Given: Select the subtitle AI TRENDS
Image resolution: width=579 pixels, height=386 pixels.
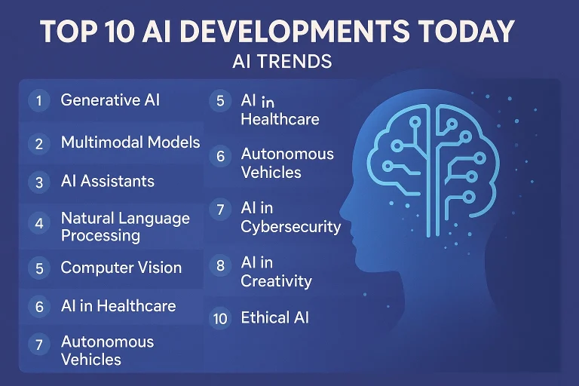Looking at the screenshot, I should (282, 62).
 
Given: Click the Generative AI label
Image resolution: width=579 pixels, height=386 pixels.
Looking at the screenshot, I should (110, 100).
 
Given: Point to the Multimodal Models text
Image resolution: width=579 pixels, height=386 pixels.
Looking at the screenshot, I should (130, 142).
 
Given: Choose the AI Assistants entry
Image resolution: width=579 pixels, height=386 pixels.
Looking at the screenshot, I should (107, 182).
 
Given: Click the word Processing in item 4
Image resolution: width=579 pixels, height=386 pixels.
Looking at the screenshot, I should (100, 235).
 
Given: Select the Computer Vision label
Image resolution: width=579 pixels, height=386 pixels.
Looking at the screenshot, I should (121, 268).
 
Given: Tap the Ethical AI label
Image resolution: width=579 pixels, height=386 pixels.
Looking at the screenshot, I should (274, 317).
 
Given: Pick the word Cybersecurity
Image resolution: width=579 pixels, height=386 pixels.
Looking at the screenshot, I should (290, 227).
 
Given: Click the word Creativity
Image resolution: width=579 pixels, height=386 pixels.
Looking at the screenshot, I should (276, 281).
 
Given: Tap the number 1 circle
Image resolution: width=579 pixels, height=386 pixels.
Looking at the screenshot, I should (38, 100).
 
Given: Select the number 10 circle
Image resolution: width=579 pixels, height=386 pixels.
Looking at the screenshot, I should (220, 318).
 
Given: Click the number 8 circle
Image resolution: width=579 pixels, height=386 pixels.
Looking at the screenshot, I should (220, 265).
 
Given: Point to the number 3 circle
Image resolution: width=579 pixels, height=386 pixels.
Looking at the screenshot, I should (38, 182).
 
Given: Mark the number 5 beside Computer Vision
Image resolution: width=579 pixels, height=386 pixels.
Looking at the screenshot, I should (38, 268).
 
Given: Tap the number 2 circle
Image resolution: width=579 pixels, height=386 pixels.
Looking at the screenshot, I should (38, 143).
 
